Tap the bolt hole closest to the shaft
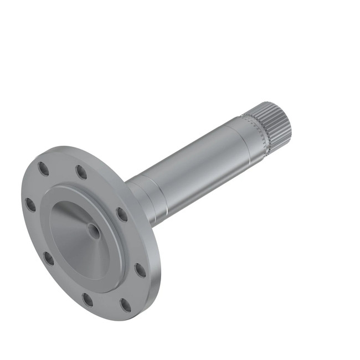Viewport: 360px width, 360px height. point(121,214)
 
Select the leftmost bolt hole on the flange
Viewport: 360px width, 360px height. point(30,204)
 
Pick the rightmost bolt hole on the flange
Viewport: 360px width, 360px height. point(140,270)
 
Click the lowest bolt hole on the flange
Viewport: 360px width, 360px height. point(126,305)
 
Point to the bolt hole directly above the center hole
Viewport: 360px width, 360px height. point(81,172)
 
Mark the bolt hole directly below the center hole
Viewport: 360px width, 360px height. point(88,300)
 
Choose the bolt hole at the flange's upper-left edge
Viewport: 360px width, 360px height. point(43,168)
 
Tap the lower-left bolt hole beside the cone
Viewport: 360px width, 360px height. point(49,258)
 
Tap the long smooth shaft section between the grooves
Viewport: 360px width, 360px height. point(199,172)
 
